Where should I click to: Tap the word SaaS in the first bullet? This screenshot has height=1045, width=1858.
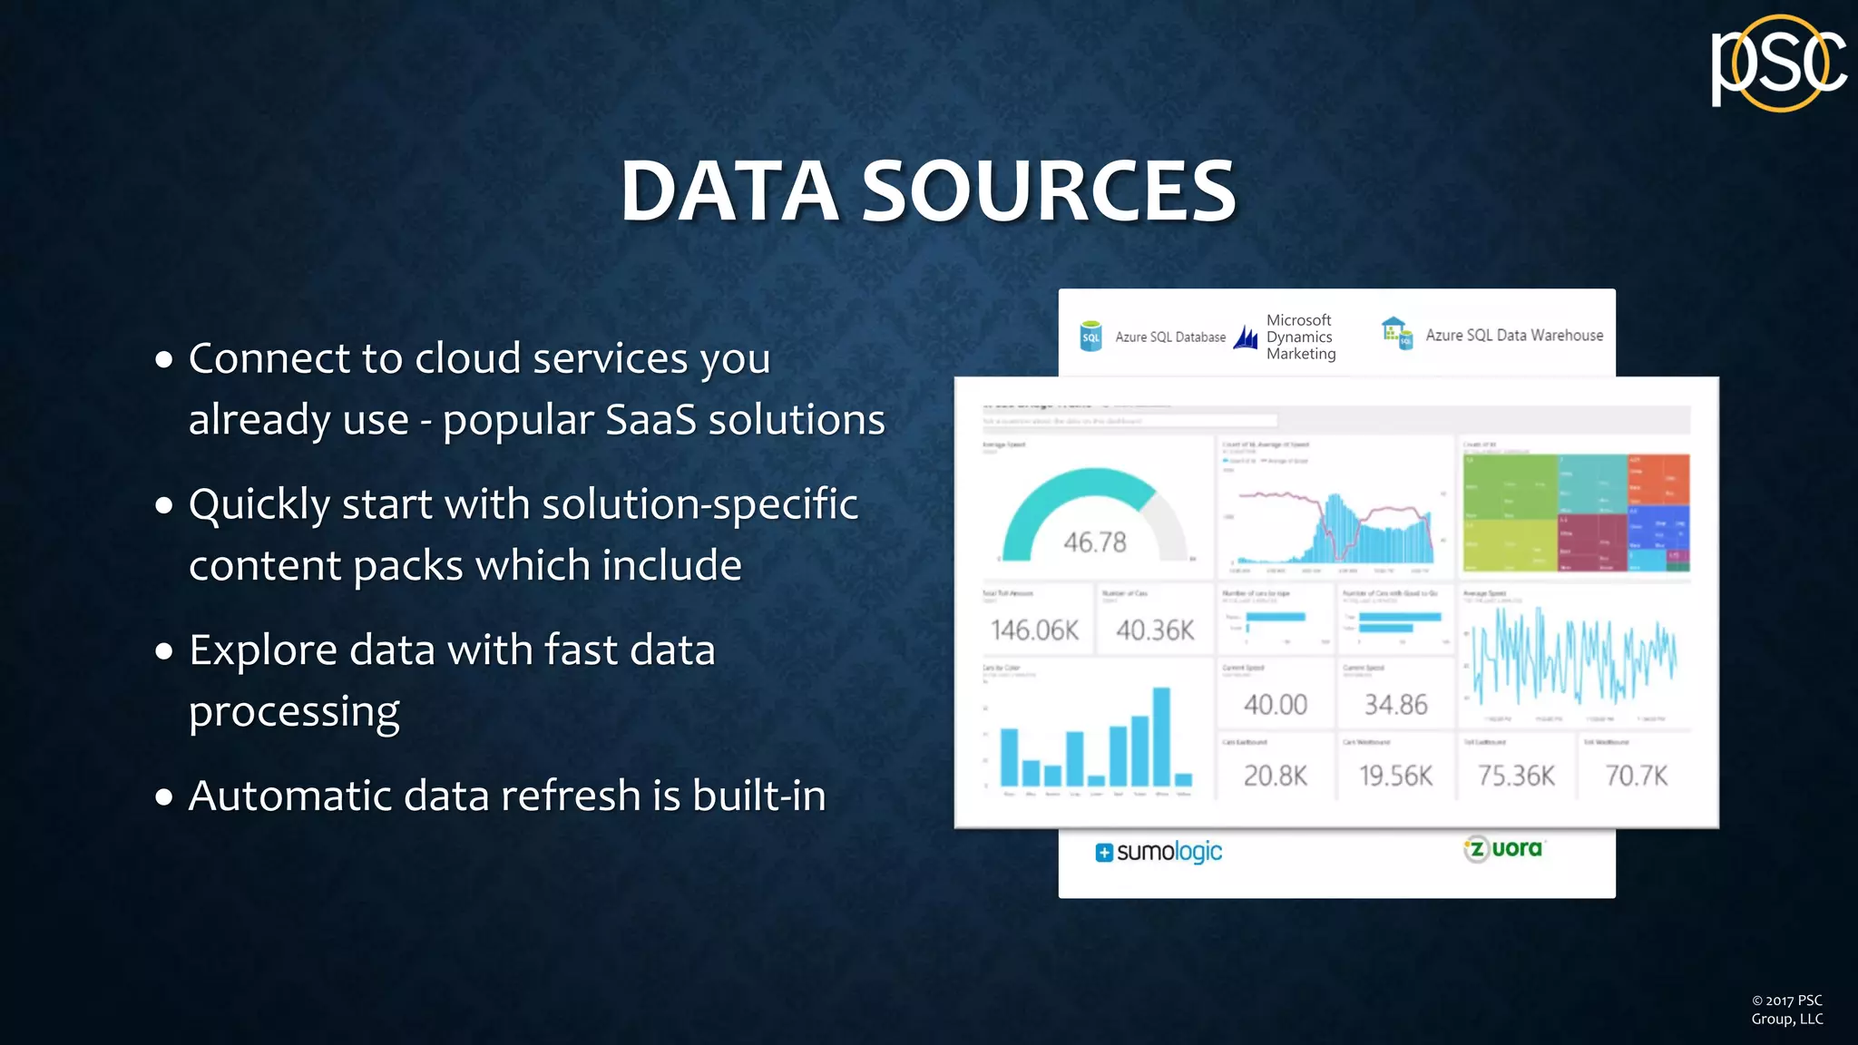pos(650,419)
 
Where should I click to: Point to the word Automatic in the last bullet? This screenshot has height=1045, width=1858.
pos(288,796)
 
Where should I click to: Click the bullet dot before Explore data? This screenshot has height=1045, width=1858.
pos(164,651)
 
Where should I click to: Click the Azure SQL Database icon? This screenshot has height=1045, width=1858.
pos(1091,337)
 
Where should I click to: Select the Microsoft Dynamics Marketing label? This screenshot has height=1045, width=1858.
pos(1300,337)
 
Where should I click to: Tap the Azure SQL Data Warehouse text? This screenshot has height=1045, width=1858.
pos(1513,336)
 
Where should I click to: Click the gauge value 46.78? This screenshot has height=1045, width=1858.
pos(1094,542)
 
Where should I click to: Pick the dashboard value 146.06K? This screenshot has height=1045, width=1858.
pos(1034,630)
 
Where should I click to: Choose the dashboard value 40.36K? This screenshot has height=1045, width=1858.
pos(1155,630)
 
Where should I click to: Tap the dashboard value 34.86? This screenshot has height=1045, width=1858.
pos(1395,705)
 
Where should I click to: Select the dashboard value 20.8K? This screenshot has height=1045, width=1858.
pos(1275,776)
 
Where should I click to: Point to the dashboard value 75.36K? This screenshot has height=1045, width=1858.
pos(1516,776)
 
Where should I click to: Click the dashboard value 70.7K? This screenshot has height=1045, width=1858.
pos(1636,776)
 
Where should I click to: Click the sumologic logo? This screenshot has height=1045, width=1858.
pos(1159,852)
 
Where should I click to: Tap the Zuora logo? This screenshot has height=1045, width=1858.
pos(1503,849)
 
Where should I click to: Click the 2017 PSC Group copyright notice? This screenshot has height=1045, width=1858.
pos(1786,1010)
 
